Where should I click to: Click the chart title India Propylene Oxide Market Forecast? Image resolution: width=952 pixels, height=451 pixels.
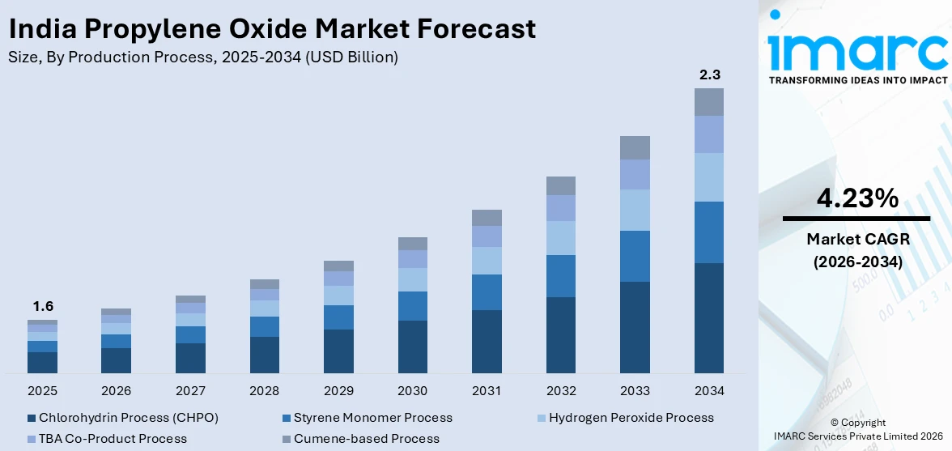[272, 29]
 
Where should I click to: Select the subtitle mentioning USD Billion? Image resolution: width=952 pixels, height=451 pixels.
[202, 57]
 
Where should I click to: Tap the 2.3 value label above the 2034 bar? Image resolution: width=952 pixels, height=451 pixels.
[709, 75]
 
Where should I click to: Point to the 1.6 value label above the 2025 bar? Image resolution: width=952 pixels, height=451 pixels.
[43, 307]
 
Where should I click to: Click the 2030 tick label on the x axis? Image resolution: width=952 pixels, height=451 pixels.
[413, 391]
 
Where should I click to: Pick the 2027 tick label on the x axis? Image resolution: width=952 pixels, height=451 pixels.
[190, 391]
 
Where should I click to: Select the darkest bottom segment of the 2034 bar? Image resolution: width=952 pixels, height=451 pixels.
[709, 317]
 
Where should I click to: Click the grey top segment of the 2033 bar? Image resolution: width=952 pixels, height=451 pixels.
[635, 147]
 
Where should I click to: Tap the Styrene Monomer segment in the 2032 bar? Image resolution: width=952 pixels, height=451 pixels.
[561, 275]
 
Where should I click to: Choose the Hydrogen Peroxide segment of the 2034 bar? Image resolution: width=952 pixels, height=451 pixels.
[709, 177]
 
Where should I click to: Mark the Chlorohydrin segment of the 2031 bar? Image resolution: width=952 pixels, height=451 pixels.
[487, 341]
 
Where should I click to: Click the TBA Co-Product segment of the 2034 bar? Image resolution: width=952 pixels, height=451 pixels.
[709, 134]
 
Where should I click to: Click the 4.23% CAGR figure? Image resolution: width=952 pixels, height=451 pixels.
[856, 198]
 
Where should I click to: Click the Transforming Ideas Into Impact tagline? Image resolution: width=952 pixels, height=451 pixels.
[857, 80]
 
